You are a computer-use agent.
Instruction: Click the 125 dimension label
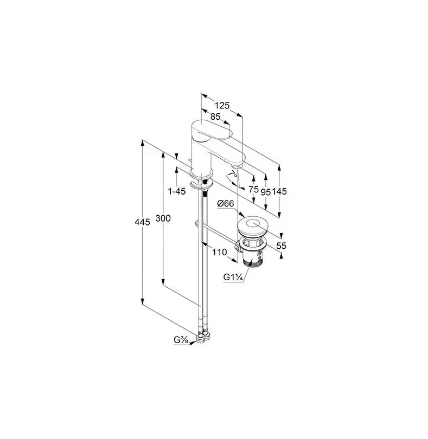pyautogui.click(x=222, y=106)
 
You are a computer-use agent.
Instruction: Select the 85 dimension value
pyautogui.click(x=215, y=117)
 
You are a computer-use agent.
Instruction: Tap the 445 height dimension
pyautogui.click(x=142, y=222)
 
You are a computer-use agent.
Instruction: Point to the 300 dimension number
pyautogui.click(x=163, y=218)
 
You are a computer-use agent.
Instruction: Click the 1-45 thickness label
pyautogui.click(x=177, y=191)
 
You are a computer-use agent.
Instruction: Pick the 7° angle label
pyautogui.click(x=233, y=175)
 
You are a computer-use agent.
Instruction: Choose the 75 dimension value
pyautogui.click(x=253, y=189)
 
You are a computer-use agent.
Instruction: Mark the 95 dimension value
pyautogui.click(x=265, y=192)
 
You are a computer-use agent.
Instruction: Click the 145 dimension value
pyautogui.click(x=279, y=191)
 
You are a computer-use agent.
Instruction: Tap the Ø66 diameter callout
pyautogui.click(x=225, y=204)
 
